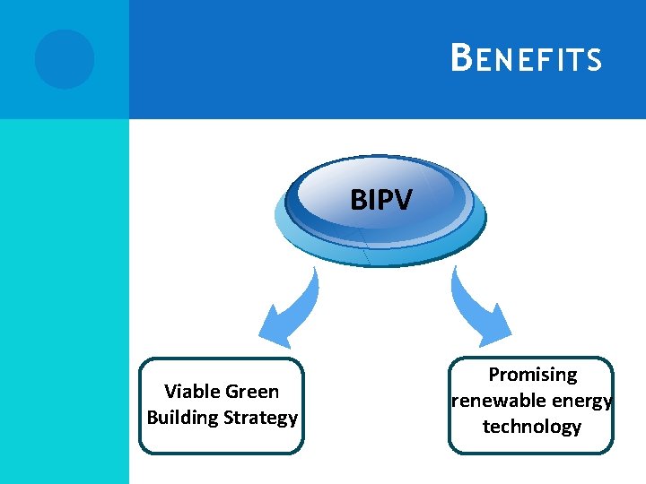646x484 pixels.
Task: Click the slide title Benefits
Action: coord(526,59)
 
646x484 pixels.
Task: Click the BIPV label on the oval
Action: coord(380,200)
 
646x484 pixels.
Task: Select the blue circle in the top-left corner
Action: coord(65,59)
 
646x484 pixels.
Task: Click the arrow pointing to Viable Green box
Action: coord(290,312)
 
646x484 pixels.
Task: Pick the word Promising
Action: coord(532,375)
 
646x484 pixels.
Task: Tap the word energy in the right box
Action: coord(584,401)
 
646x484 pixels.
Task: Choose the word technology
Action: coord(532,427)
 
